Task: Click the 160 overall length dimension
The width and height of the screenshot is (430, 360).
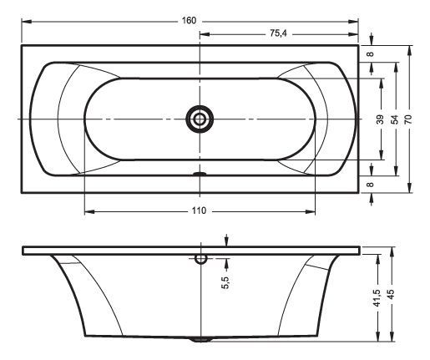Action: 189,21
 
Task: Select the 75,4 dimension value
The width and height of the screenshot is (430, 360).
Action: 278,33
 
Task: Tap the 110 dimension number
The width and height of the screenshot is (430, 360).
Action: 199,210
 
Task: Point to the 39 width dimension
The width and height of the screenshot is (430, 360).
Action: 381,119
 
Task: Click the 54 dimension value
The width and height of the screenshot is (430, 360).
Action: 395,119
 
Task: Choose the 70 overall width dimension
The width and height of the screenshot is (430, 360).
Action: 408,119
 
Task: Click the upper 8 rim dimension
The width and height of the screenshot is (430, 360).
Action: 371,53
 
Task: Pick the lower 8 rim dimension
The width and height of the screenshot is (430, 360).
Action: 371,185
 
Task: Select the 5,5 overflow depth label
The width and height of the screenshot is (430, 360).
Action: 225,282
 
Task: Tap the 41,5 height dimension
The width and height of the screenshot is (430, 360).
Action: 377,298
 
